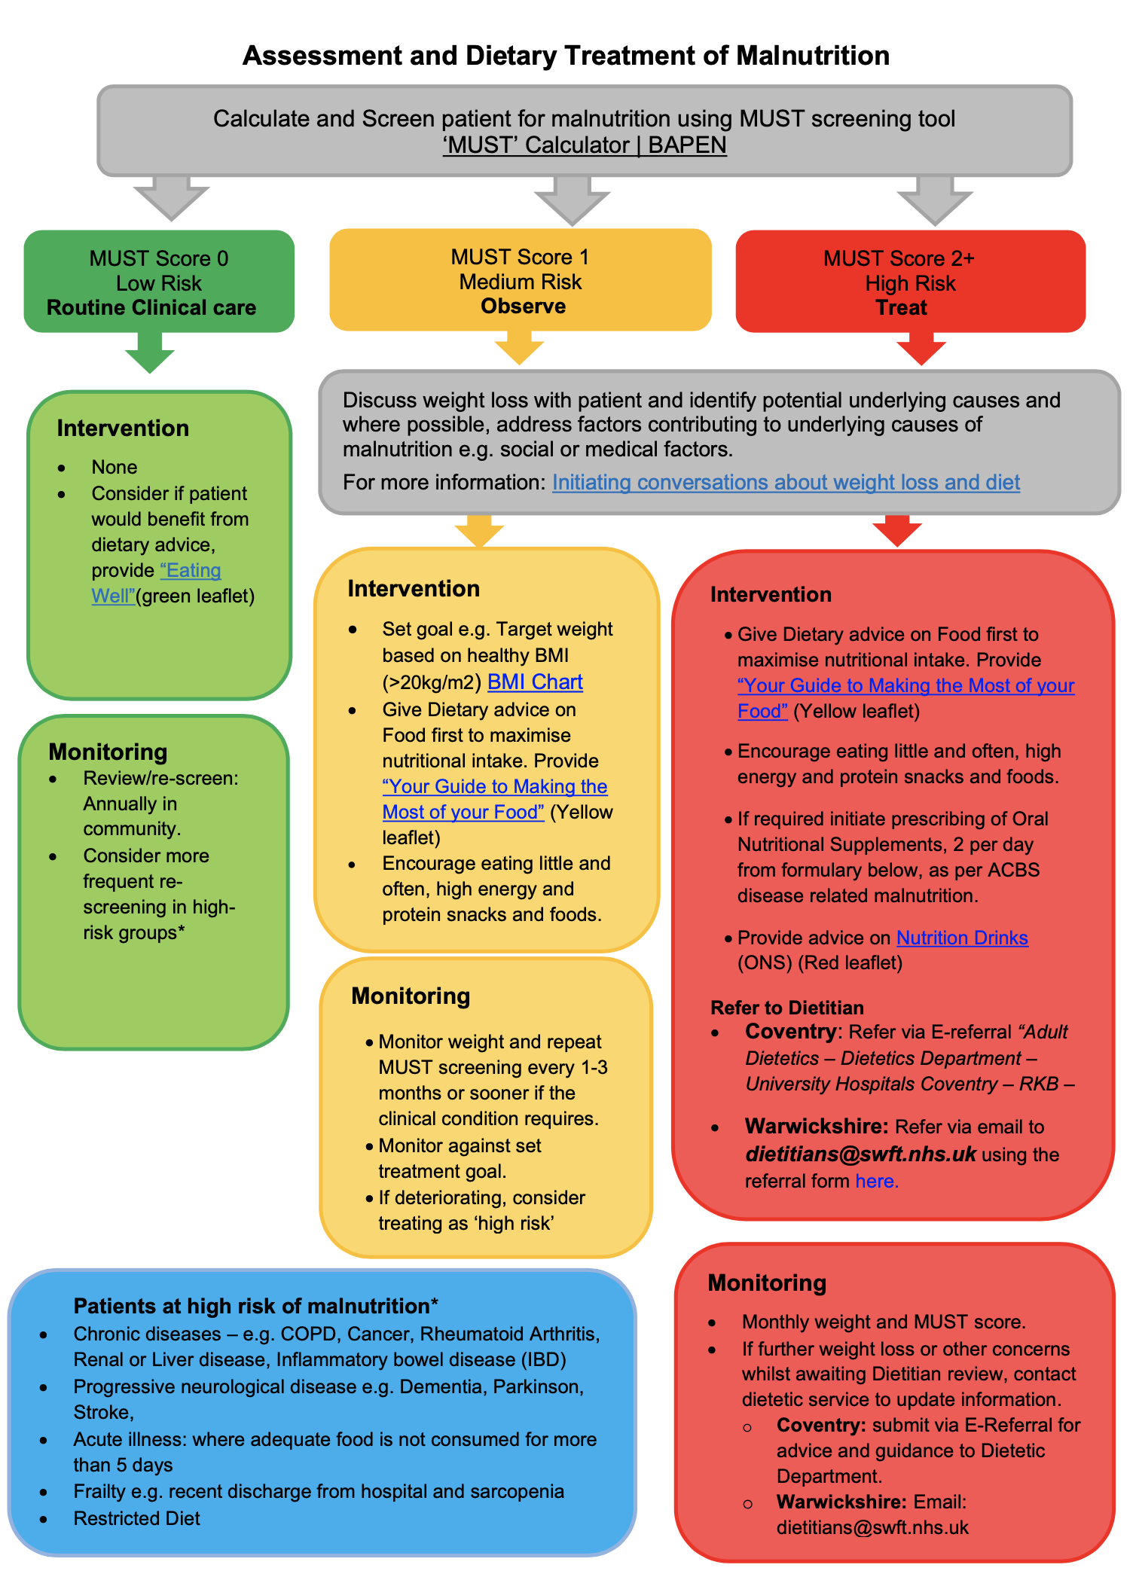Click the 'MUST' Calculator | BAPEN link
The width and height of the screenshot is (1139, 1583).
coord(585,145)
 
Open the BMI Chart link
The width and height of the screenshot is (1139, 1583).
coord(535,682)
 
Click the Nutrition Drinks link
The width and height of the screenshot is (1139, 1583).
coord(962,938)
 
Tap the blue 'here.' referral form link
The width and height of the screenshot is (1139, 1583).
coord(877,1181)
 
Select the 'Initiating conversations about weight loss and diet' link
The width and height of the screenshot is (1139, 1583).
coord(786,482)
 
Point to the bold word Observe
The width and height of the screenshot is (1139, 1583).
coord(523,307)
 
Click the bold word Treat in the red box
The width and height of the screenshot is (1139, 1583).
coord(901,308)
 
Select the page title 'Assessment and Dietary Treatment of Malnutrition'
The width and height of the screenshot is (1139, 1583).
coord(566,56)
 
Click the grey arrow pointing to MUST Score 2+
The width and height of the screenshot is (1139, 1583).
coord(935,200)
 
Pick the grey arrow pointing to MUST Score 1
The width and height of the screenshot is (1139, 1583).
coord(572,200)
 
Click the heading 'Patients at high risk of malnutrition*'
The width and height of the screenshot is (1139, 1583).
coord(255,1306)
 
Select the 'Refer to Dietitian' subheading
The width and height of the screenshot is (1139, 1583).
coord(786,1008)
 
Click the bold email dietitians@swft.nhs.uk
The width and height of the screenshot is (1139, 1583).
coord(860,1154)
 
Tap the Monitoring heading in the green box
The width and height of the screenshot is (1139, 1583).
coord(108,752)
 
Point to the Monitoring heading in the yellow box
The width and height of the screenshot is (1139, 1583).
coord(411,996)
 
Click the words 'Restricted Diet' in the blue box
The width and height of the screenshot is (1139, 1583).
coord(136,1518)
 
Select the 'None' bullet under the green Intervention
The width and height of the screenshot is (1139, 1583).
coord(114,467)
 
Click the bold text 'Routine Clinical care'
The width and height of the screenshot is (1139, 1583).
coord(151,308)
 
